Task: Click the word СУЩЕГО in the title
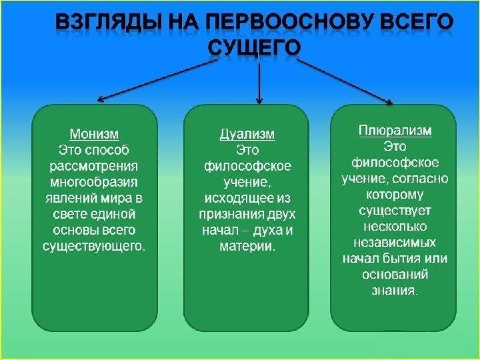click(x=255, y=48)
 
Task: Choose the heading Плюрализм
click(x=395, y=131)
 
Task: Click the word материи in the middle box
click(x=246, y=247)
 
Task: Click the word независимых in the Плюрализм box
click(x=395, y=242)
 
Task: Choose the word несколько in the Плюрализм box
click(x=395, y=227)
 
